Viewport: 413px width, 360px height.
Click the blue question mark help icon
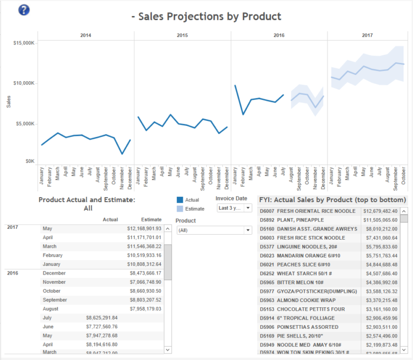[x=24, y=10]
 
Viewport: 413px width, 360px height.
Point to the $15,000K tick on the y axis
[x=24, y=42]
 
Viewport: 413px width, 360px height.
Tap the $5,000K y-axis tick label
[x=25, y=124]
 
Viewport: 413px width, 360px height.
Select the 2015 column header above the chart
[x=182, y=35]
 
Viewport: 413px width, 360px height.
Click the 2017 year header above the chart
[x=367, y=35]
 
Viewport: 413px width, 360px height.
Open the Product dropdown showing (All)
[x=214, y=230]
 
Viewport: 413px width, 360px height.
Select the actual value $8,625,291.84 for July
[x=102, y=318]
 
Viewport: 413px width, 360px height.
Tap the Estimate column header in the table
[x=151, y=219]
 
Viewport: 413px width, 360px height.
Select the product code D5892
[x=267, y=220]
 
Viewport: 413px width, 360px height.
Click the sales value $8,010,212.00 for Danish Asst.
[x=380, y=229]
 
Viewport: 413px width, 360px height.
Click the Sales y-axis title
[x=9, y=101]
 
